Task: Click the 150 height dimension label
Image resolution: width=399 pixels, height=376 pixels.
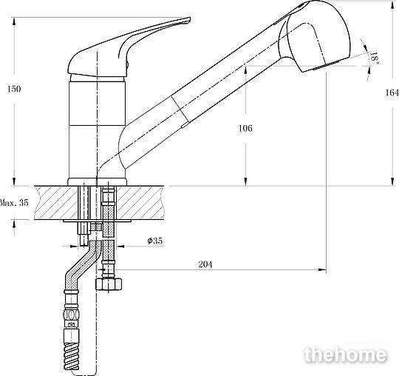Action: click(x=14, y=89)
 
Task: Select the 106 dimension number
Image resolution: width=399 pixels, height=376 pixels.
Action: click(x=245, y=128)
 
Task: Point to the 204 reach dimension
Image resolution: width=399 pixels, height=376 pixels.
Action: click(x=205, y=264)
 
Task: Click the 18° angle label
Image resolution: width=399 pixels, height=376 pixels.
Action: click(x=375, y=58)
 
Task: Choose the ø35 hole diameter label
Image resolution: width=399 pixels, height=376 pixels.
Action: click(x=155, y=241)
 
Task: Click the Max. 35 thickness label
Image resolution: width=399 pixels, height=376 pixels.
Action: click(x=14, y=203)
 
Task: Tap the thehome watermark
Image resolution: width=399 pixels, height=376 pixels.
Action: click(x=345, y=354)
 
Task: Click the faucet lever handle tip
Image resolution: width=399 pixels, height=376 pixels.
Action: click(x=188, y=19)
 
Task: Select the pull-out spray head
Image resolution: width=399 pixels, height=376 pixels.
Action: click(x=315, y=36)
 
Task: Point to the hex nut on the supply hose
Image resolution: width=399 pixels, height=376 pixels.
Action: click(x=109, y=284)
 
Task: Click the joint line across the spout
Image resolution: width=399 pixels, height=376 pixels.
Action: click(x=180, y=110)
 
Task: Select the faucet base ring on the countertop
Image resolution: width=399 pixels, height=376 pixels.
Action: click(x=97, y=182)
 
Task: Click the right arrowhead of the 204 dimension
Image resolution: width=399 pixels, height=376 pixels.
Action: click(x=323, y=269)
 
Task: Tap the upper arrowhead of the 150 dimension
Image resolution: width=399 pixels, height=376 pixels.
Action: click(x=14, y=21)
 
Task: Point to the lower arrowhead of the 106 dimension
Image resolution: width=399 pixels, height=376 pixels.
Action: click(x=245, y=182)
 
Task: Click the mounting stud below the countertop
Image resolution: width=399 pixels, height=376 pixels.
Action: click(x=83, y=234)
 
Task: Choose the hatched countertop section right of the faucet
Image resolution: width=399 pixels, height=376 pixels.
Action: click(x=140, y=203)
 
